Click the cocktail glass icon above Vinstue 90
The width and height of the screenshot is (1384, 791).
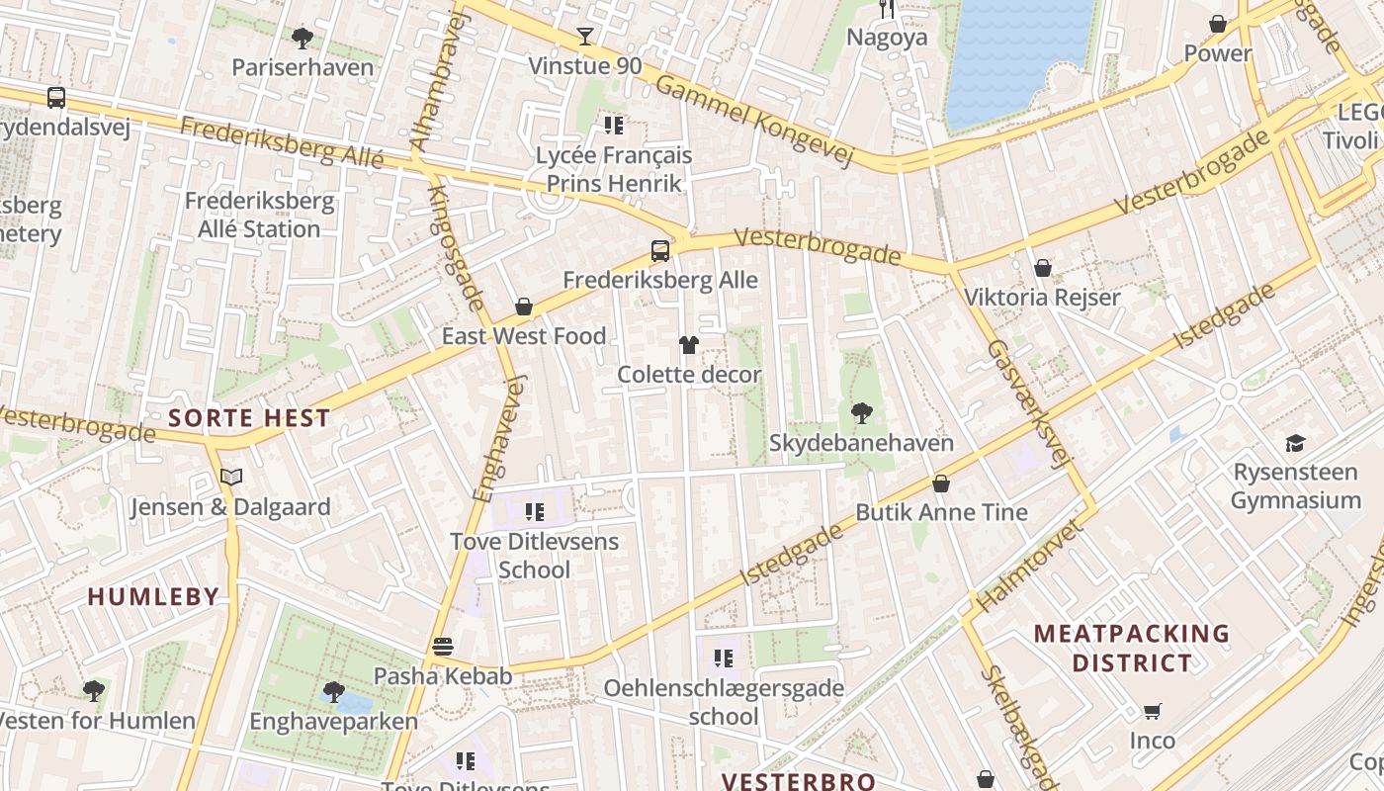point(585,37)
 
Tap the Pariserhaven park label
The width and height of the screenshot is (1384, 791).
point(303,67)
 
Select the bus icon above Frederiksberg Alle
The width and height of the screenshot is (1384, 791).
point(659,251)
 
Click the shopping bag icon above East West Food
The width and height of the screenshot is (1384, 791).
point(524,307)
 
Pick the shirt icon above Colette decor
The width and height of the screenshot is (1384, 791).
point(689,345)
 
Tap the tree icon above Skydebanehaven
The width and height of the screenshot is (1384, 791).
point(861,412)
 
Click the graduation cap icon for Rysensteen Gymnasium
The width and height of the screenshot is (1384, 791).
point(1295,443)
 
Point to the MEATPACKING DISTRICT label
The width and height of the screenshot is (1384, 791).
point(1132,648)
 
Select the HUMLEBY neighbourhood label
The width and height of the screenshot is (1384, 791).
point(153,596)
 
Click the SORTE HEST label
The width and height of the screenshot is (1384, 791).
point(248,417)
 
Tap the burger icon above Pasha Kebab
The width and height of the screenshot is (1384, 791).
point(443,647)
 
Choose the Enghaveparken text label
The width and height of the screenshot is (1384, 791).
point(334,721)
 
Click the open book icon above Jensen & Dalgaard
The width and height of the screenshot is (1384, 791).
point(231,478)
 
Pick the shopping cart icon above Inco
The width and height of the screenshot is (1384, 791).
point(1153,711)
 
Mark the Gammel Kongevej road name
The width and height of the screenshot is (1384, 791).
point(753,121)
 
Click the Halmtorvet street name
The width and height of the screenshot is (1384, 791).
point(1029,565)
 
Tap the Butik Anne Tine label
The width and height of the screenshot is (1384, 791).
point(941,512)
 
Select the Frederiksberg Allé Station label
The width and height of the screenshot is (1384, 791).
point(259,215)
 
